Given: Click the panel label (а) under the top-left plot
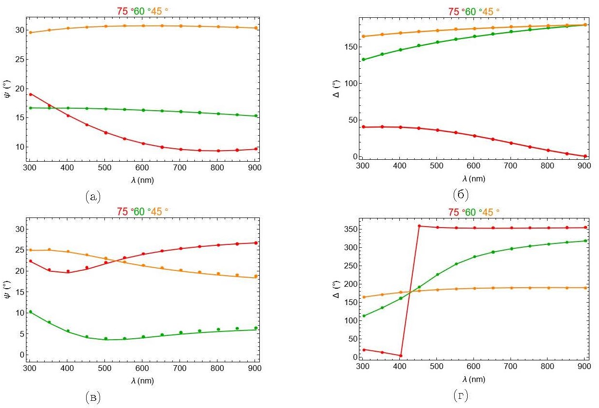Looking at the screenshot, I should tap(92, 196).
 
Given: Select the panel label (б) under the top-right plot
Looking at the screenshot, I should tap(461, 195).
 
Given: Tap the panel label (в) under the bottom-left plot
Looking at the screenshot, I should tap(92, 397).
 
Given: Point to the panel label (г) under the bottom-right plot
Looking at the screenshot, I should tap(461, 396).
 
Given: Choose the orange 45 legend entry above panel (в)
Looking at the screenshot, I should tap(158, 211).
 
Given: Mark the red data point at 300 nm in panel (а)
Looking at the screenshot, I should tap(30, 94).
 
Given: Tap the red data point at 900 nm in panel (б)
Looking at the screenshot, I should tap(585, 156).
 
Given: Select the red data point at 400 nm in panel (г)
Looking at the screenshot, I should tap(400, 356).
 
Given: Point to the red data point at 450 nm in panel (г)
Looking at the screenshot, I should tap(419, 226).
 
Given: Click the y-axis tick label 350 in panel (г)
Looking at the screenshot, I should tap(353, 229).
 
